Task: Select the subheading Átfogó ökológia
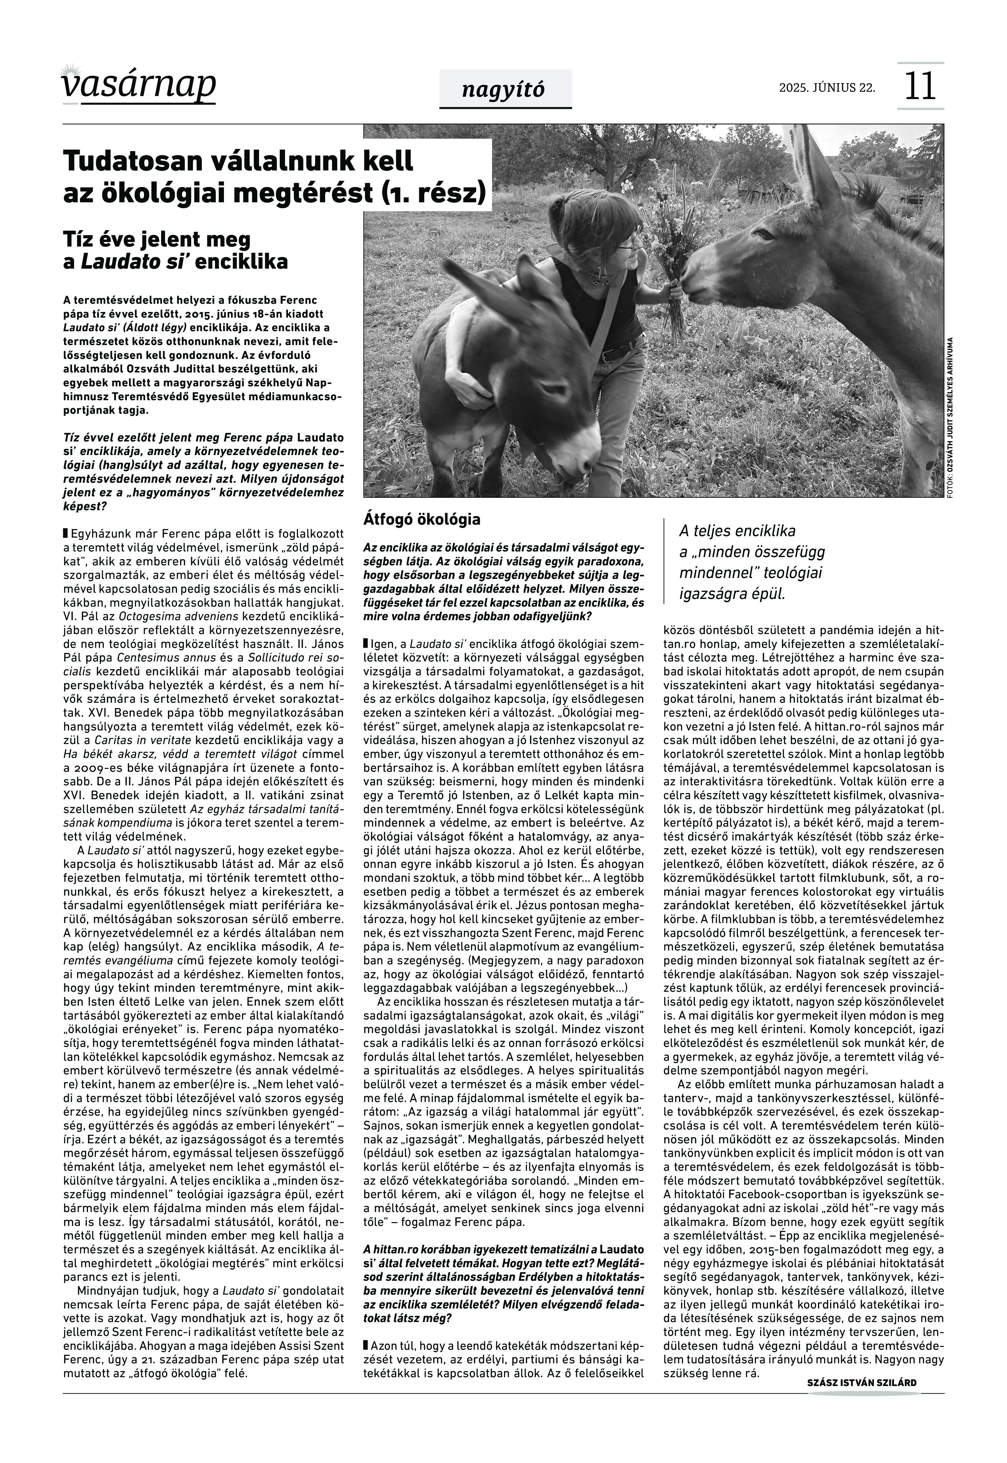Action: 421,520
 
